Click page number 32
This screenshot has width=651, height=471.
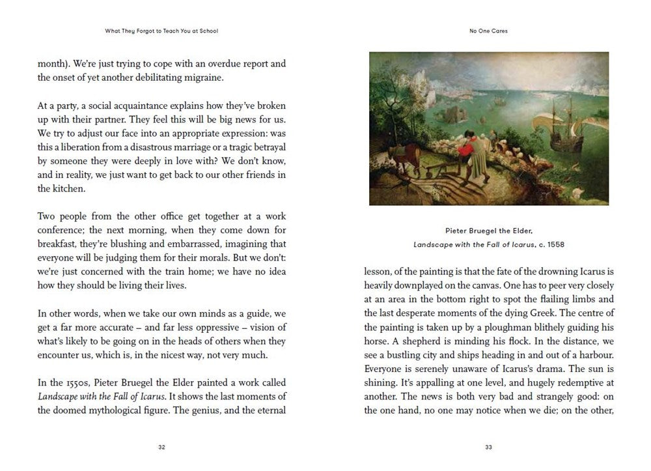tap(162, 447)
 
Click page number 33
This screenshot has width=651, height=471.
tap(488, 447)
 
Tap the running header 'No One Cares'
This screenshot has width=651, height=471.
tap(488, 30)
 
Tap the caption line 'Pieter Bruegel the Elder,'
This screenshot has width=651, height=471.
tap(488, 231)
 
